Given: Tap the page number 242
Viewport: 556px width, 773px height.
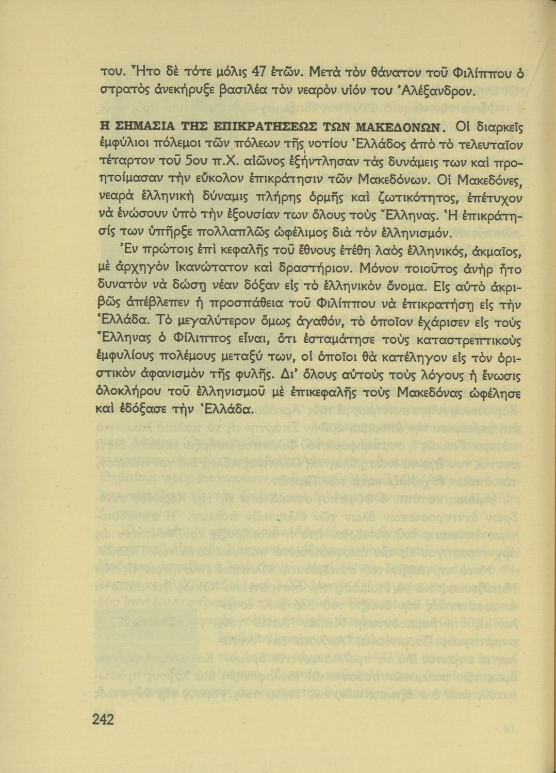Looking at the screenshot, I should click(103, 718).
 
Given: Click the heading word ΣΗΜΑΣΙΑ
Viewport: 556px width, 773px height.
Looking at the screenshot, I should click(141, 127).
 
